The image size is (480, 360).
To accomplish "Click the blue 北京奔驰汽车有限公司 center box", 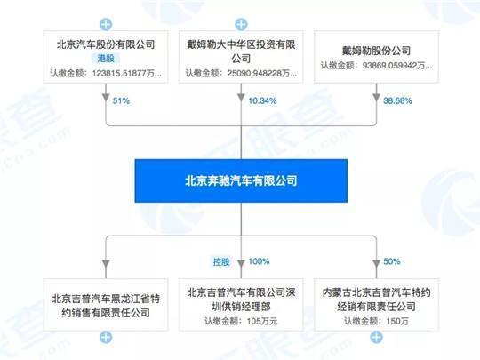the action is [241, 180].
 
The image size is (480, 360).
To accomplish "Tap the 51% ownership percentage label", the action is [121, 100].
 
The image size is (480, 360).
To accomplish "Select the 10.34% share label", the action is [262, 100].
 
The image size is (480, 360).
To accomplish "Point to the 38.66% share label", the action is [397, 100].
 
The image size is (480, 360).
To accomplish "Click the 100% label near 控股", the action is [259, 261].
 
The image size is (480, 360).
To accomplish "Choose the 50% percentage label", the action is [392, 261].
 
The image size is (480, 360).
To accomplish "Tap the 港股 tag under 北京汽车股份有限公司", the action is [106, 58].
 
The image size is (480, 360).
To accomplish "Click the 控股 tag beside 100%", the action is [221, 261].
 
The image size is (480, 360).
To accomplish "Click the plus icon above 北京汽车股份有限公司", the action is [106, 25].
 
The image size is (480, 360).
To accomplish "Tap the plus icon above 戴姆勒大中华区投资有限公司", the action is [241, 25].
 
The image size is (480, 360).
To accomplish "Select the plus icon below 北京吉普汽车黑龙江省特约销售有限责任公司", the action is [106, 338].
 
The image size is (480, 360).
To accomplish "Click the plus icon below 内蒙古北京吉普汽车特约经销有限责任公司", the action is [376, 338].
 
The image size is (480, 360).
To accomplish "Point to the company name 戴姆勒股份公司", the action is [376, 51].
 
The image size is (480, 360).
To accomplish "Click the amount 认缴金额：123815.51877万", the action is [106, 74].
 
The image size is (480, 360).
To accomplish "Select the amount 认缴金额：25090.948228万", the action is [241, 74].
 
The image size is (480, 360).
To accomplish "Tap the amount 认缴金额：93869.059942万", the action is [376, 66].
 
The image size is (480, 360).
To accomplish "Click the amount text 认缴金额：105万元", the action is [241, 321].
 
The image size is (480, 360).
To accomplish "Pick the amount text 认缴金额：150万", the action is [376, 321].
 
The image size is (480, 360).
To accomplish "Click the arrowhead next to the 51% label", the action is [106, 98].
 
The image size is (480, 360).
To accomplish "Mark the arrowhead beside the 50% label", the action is [376, 264].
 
